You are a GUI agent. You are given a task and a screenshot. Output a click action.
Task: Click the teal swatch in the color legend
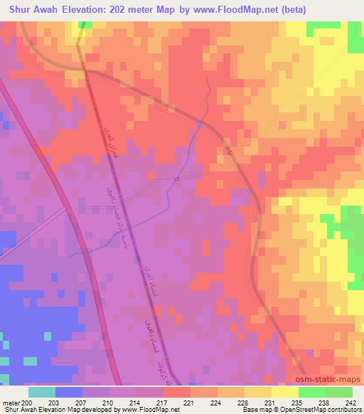[42, 392]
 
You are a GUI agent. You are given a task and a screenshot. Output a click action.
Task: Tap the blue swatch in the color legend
[69, 392]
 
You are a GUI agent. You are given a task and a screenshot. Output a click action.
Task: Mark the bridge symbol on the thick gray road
[228, 151]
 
